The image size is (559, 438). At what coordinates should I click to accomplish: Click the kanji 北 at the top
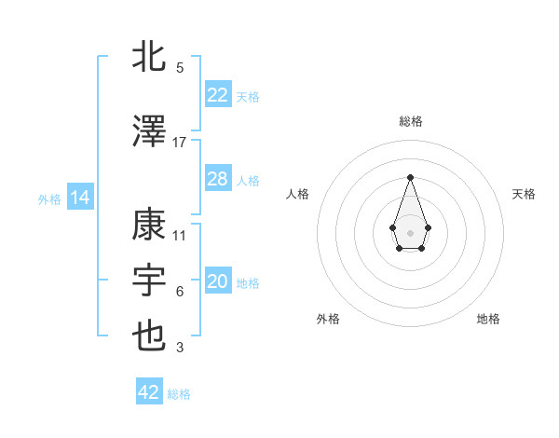point(150,57)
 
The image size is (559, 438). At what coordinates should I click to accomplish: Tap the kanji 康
point(150,225)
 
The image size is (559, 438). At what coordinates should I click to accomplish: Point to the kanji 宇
point(150,280)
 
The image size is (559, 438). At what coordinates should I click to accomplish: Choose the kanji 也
point(150,336)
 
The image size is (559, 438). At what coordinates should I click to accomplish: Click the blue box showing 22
point(217,95)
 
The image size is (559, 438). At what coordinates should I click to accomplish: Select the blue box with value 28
point(217,179)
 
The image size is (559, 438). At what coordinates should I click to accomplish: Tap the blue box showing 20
point(217,281)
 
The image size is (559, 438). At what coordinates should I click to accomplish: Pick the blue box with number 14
point(79,198)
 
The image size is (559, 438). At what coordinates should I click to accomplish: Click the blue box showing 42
point(149,392)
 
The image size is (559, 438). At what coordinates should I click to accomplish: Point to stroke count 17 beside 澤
point(180,143)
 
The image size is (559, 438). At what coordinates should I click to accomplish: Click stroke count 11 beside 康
point(180,236)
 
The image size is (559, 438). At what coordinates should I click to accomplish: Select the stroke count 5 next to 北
point(180,68)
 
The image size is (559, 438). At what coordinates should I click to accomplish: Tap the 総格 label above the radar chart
point(410,121)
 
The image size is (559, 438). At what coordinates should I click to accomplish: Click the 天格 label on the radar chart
point(524,194)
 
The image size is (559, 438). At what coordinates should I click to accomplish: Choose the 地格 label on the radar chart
point(488,319)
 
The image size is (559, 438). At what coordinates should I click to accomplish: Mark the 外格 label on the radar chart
point(328,319)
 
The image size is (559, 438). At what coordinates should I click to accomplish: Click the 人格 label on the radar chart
point(297,194)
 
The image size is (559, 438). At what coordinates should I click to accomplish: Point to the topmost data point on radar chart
point(410,176)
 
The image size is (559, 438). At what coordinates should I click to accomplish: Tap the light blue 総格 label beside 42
point(179,394)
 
